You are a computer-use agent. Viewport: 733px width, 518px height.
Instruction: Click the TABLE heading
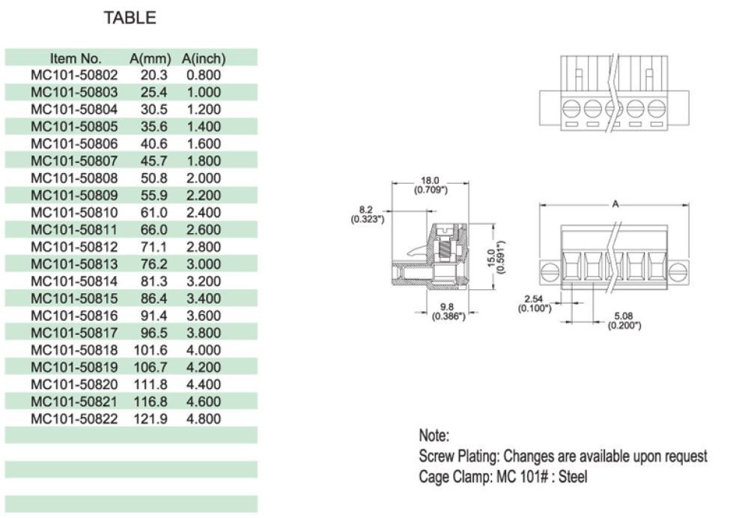pyautogui.click(x=130, y=19)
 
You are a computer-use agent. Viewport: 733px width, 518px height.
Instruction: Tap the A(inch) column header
pyautogui.click(x=204, y=58)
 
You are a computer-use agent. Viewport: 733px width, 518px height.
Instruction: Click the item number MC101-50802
pyautogui.click(x=74, y=76)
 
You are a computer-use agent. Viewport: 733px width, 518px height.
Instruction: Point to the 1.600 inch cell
pyautogui.click(x=204, y=144)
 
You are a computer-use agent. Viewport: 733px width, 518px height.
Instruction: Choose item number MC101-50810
pyautogui.click(x=74, y=213)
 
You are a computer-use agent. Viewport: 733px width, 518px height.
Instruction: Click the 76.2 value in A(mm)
pyautogui.click(x=153, y=264)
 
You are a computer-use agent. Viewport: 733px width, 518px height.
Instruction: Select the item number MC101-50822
pyautogui.click(x=74, y=418)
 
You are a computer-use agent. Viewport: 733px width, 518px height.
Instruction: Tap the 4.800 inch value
pyautogui.click(x=204, y=418)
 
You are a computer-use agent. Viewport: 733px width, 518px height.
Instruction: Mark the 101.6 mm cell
pyautogui.click(x=151, y=350)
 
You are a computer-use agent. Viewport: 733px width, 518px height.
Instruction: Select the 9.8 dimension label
pyautogui.click(x=448, y=307)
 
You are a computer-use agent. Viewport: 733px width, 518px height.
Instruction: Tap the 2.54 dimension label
pyautogui.click(x=535, y=299)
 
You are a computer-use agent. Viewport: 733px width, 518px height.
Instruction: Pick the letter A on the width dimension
pyautogui.click(x=615, y=204)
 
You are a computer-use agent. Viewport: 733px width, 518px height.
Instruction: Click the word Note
pyautogui.click(x=434, y=436)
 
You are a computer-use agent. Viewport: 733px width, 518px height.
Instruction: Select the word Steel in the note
pyautogui.click(x=573, y=475)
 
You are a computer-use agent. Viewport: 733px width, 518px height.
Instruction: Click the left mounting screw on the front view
pyautogui.click(x=547, y=271)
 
